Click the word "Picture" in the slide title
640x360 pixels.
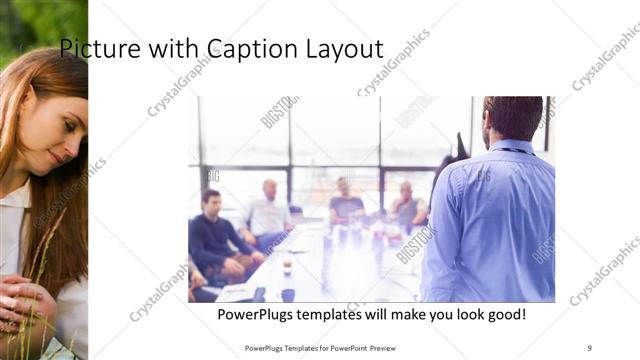coord(90,48)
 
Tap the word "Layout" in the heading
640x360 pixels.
coord(345,48)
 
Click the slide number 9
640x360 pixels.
coord(589,347)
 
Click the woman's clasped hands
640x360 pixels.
coord(25,300)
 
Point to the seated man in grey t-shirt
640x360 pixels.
coord(346,205)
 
